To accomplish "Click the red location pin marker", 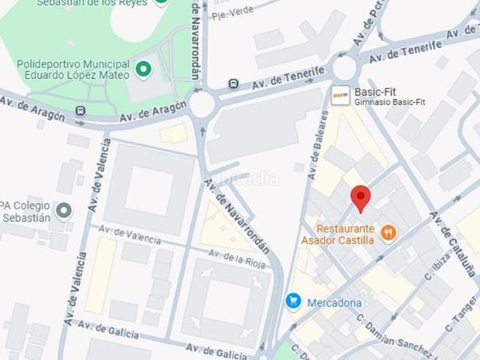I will [361, 198].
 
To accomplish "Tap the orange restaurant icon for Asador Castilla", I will [388, 233].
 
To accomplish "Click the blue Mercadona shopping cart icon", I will [293, 301].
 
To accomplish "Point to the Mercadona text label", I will [334, 303].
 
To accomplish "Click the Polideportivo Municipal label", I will [84, 64].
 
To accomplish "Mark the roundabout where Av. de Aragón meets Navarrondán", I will [202, 104].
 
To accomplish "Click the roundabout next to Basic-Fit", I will [345, 68].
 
